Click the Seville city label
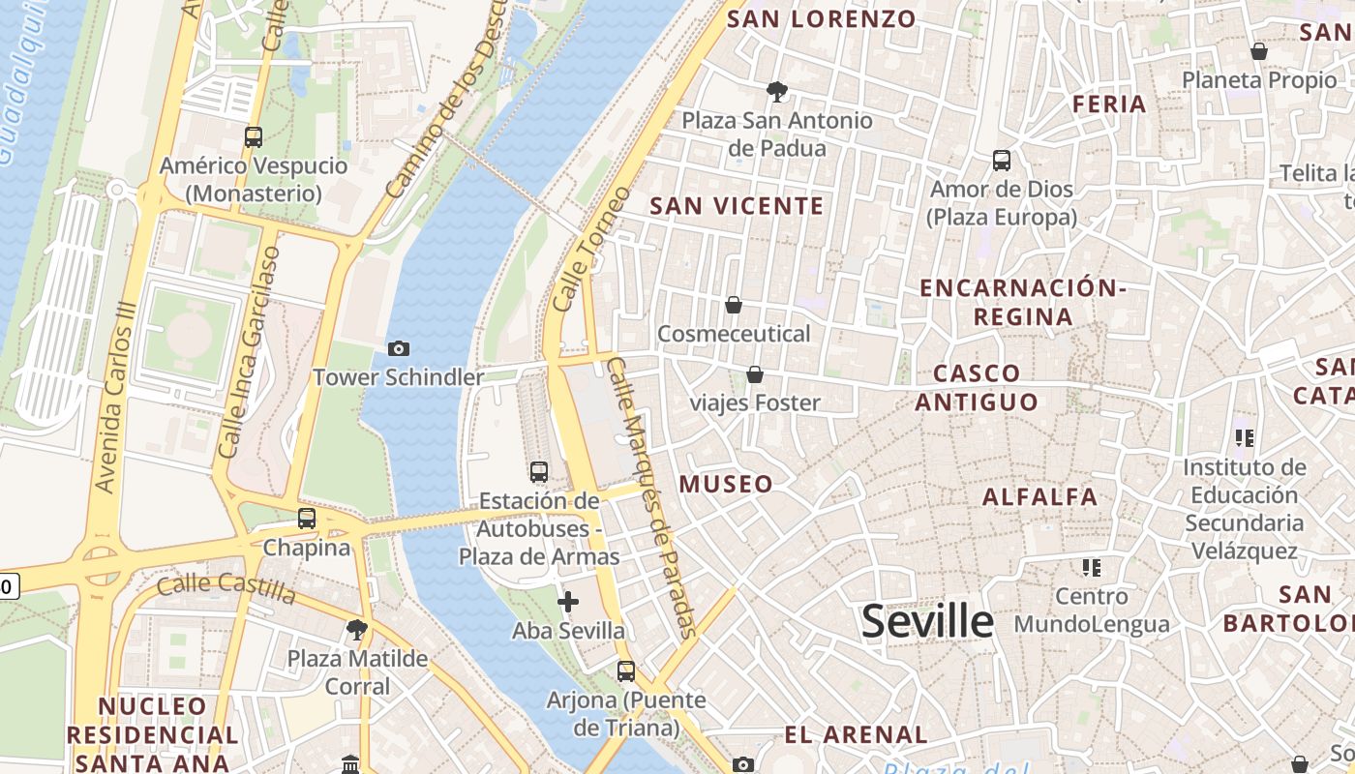927,621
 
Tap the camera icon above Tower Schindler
398,348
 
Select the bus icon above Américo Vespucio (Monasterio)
254,137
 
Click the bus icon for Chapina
307,519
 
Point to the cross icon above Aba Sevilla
568,603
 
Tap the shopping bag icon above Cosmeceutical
734,306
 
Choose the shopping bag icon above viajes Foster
755,374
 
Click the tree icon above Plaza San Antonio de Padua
776,92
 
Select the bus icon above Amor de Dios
1002,160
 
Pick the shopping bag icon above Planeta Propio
1259,51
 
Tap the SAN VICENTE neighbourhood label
737,206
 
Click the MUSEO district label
727,485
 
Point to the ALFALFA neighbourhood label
1040,497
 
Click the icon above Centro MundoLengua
1092,567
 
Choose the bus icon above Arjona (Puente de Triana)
626,670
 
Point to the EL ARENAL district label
856,734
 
